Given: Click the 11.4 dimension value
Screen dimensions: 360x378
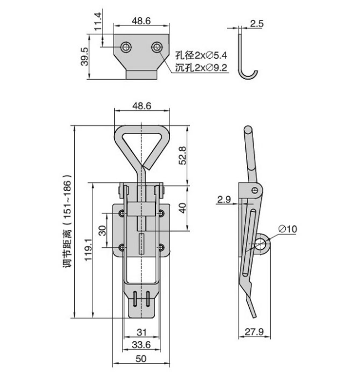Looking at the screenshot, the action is coord(98,22).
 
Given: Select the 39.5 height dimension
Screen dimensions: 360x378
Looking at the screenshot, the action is coord(85,57).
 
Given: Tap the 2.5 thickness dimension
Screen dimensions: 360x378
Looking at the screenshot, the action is coord(257,24).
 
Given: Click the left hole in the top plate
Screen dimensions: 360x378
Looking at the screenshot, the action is coord(126,47).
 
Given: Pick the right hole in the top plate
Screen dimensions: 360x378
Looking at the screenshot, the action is coord(157,47).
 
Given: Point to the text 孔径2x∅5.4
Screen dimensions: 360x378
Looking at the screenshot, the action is coord(201,55).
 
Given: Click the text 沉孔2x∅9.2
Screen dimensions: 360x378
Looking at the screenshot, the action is coord(201,68).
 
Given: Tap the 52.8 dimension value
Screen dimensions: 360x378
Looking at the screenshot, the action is coord(183,156).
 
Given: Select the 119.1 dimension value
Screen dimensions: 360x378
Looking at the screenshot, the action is coord(88,249).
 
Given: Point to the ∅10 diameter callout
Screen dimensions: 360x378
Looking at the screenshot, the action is coord(287,228).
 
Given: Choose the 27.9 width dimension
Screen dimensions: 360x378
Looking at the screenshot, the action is coord(254,331).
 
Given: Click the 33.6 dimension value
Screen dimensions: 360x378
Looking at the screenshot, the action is coord(141,345).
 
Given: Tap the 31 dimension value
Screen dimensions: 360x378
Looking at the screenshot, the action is coord(141,333).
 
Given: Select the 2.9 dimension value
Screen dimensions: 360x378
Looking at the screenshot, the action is coord(224,200).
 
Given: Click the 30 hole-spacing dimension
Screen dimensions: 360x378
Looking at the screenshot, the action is coord(102,231).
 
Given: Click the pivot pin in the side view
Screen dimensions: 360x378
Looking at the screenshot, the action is coord(255,191).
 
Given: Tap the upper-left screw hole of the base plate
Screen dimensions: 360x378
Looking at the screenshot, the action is coord(122,213).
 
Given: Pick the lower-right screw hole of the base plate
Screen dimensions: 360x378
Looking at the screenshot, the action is coord(161,247).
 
